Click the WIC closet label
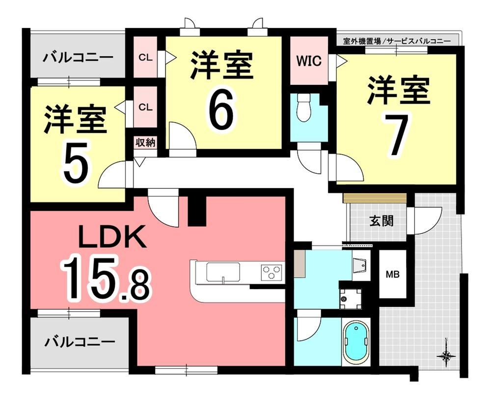pyautogui.click(x=309, y=61)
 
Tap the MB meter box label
pyautogui.click(x=393, y=275)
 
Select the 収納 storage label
pyautogui.click(x=145, y=143)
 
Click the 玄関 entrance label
pyautogui.click(x=382, y=221)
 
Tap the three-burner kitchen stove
pyautogui.click(x=272, y=271)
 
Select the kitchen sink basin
pyautogui.click(x=223, y=272)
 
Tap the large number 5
pyautogui.click(x=75, y=161)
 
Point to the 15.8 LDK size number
pyautogui.click(x=107, y=277)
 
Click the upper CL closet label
pyautogui.click(x=145, y=57)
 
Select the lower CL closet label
pyautogui.click(x=145, y=107)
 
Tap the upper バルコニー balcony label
pyautogui.click(x=78, y=57)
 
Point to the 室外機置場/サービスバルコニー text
pyautogui.click(x=396, y=41)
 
